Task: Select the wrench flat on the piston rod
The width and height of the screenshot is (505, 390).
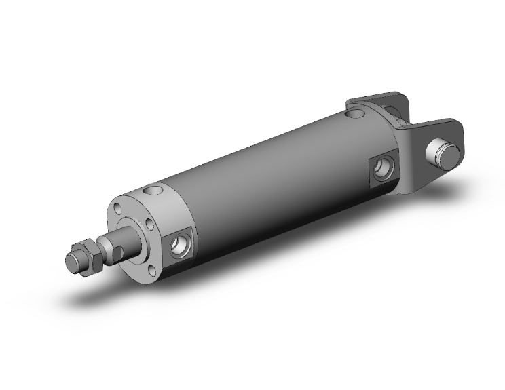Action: click(x=117, y=246)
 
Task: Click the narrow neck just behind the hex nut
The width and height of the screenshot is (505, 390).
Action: click(x=100, y=250)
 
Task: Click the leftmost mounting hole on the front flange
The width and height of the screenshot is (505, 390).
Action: click(x=119, y=209)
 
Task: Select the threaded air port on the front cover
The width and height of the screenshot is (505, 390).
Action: click(x=181, y=246)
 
